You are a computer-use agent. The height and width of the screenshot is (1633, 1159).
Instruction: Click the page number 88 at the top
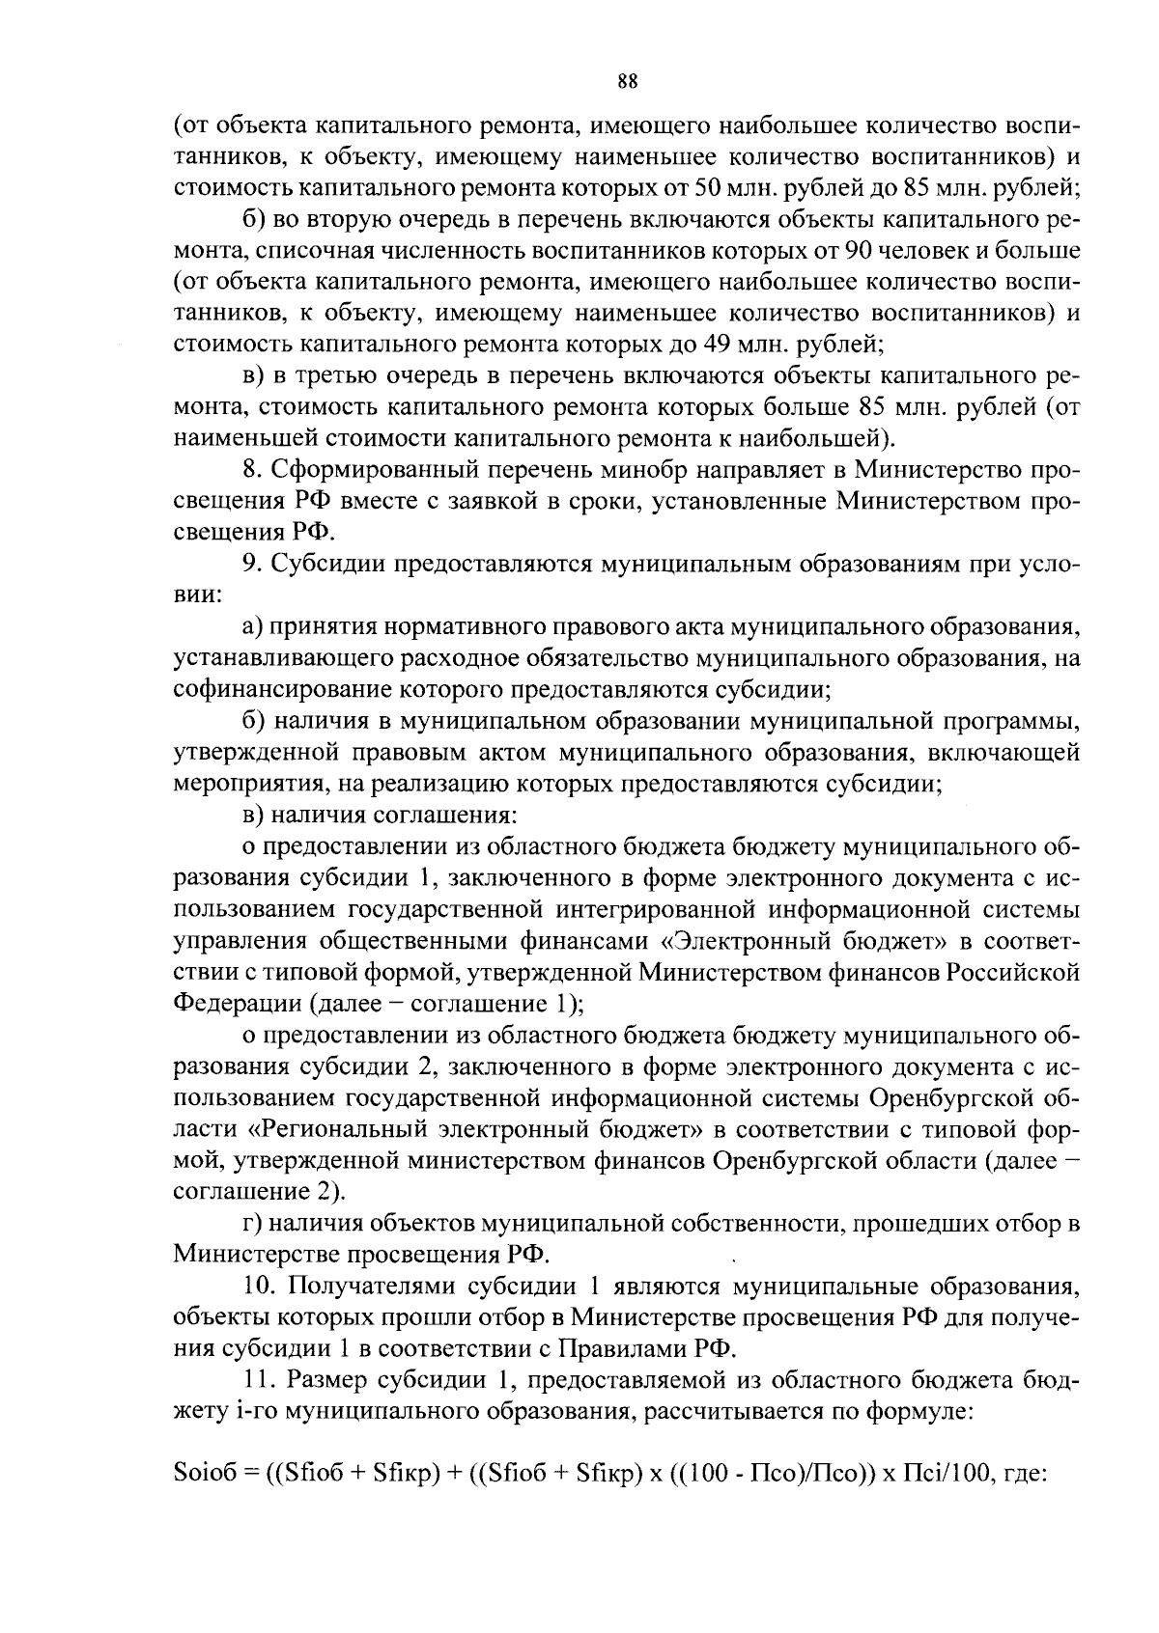point(627,82)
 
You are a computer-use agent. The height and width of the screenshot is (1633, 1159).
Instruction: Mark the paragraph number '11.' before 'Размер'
point(257,1381)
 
